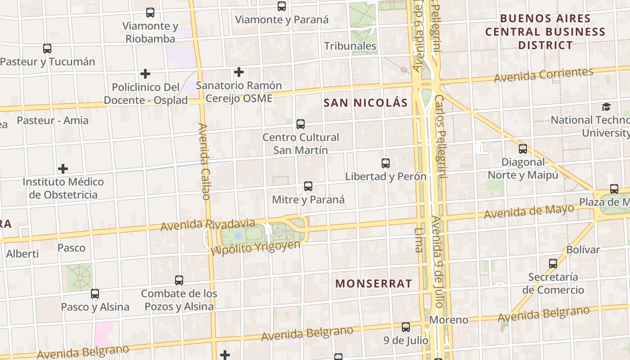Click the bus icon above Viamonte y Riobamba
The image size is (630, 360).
point(150,13)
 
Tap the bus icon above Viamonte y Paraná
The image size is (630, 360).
point(282,6)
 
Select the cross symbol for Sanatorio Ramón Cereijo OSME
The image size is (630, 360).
point(239,72)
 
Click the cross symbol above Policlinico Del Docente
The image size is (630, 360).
point(145,74)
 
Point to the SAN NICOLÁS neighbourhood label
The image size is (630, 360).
point(365,103)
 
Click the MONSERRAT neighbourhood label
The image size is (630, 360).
point(373,283)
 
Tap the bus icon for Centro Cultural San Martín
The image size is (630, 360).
point(301,124)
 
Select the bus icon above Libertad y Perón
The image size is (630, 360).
point(386,163)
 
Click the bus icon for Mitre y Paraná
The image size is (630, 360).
point(308,186)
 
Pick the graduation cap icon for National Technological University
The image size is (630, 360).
point(607,107)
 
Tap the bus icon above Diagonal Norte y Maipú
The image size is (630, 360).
point(523,149)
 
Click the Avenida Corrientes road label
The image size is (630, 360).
point(544,75)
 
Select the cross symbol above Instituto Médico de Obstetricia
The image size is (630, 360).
point(63,169)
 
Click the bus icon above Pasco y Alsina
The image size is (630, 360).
point(95,294)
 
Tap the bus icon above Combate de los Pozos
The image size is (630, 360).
point(179,280)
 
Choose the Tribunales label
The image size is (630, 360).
point(350,46)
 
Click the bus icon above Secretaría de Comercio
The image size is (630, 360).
point(553,264)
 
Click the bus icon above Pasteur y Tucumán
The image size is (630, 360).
point(47,49)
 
